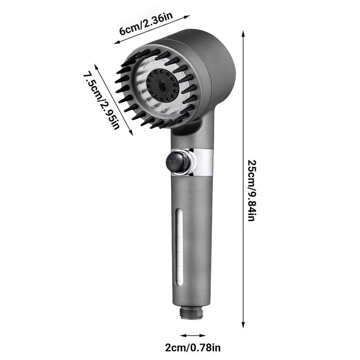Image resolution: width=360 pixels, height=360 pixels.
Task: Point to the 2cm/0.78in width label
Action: click(193, 348)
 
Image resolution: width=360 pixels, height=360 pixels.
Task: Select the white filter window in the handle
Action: click(179, 248)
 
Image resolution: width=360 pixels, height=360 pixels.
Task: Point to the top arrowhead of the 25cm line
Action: click(243, 33)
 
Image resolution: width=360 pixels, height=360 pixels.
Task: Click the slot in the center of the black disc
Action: click(162, 86)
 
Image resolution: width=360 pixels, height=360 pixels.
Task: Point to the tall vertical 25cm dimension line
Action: click(243, 108)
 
